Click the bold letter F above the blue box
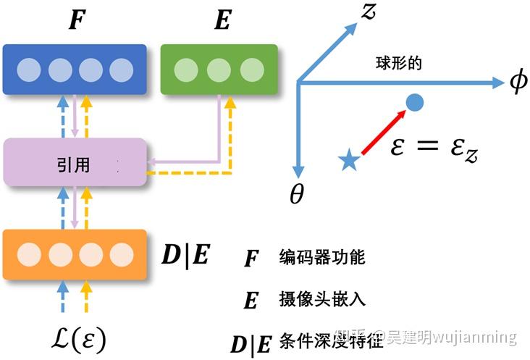click(x=75, y=21)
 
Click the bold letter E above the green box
click(x=222, y=21)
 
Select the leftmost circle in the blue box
click(x=29, y=70)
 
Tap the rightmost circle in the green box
click(x=252, y=70)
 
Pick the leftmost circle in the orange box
click(x=29, y=254)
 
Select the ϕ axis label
click(x=518, y=83)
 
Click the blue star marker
click(x=349, y=161)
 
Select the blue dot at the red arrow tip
click(x=413, y=103)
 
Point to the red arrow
click(x=381, y=133)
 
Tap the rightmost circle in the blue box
click(x=121, y=70)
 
